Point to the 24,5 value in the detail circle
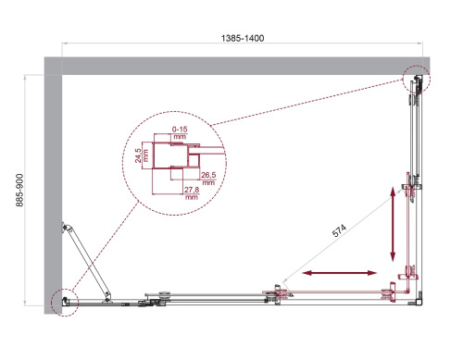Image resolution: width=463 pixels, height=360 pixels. (137, 155)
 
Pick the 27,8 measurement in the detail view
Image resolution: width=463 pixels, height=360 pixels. (192, 190)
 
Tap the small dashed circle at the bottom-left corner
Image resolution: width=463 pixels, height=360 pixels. (66, 303)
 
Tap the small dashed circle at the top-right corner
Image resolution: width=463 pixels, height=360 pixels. (417, 80)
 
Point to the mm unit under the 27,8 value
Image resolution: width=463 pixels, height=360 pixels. (192, 197)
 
